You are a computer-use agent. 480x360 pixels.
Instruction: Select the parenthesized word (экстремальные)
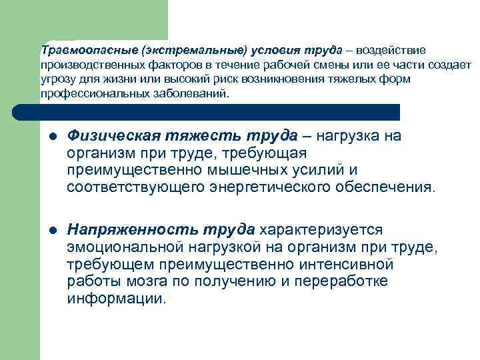165,51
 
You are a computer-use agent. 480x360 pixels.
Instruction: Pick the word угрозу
57,80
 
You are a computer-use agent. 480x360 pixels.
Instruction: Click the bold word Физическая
111,137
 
